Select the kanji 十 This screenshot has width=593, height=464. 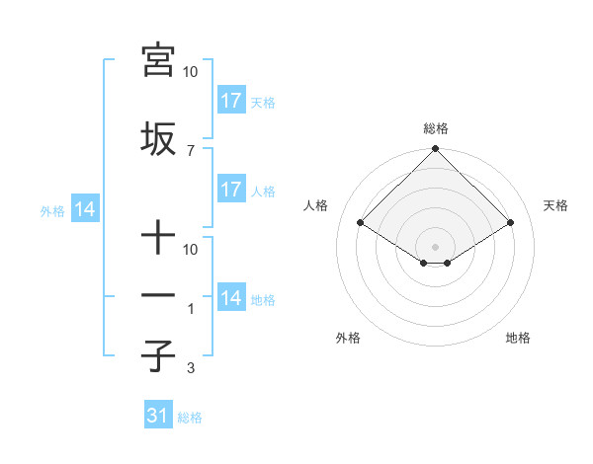coord(157,237)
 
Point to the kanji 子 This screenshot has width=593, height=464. coord(157,355)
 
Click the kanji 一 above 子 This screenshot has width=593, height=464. coord(157,295)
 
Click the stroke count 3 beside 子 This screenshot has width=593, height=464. coord(190,368)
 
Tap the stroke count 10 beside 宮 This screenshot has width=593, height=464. coord(190,72)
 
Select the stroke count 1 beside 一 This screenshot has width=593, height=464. coord(190,309)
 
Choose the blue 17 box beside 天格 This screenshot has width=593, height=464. coord(231,100)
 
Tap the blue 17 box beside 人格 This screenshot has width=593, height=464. coord(231,190)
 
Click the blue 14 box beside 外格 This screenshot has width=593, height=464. coord(84,209)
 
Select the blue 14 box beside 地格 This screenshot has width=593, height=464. coord(231,298)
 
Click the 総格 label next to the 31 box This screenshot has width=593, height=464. coord(190,418)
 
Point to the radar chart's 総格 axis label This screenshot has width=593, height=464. coord(436,128)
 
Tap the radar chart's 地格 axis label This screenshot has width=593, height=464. coord(518,338)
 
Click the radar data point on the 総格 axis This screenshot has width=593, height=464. coord(436,149)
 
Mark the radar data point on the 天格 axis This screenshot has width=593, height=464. coord(511,222)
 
